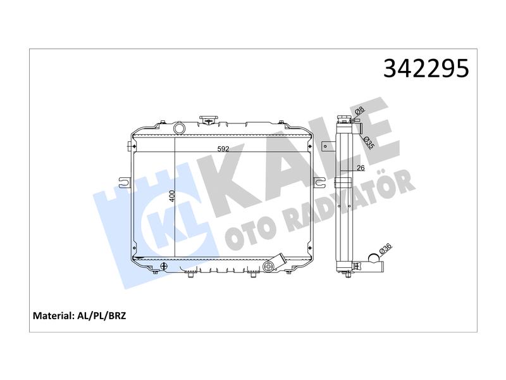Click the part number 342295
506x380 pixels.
click(x=426, y=68)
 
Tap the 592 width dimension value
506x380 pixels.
click(x=223, y=149)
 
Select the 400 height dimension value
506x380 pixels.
click(x=172, y=196)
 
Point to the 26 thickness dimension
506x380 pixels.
click(x=361, y=168)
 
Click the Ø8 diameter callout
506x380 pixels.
click(x=359, y=111)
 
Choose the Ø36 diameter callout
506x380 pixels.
click(x=385, y=248)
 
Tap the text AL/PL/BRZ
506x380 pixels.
click(x=101, y=315)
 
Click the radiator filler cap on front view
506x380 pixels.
click(x=209, y=120)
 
